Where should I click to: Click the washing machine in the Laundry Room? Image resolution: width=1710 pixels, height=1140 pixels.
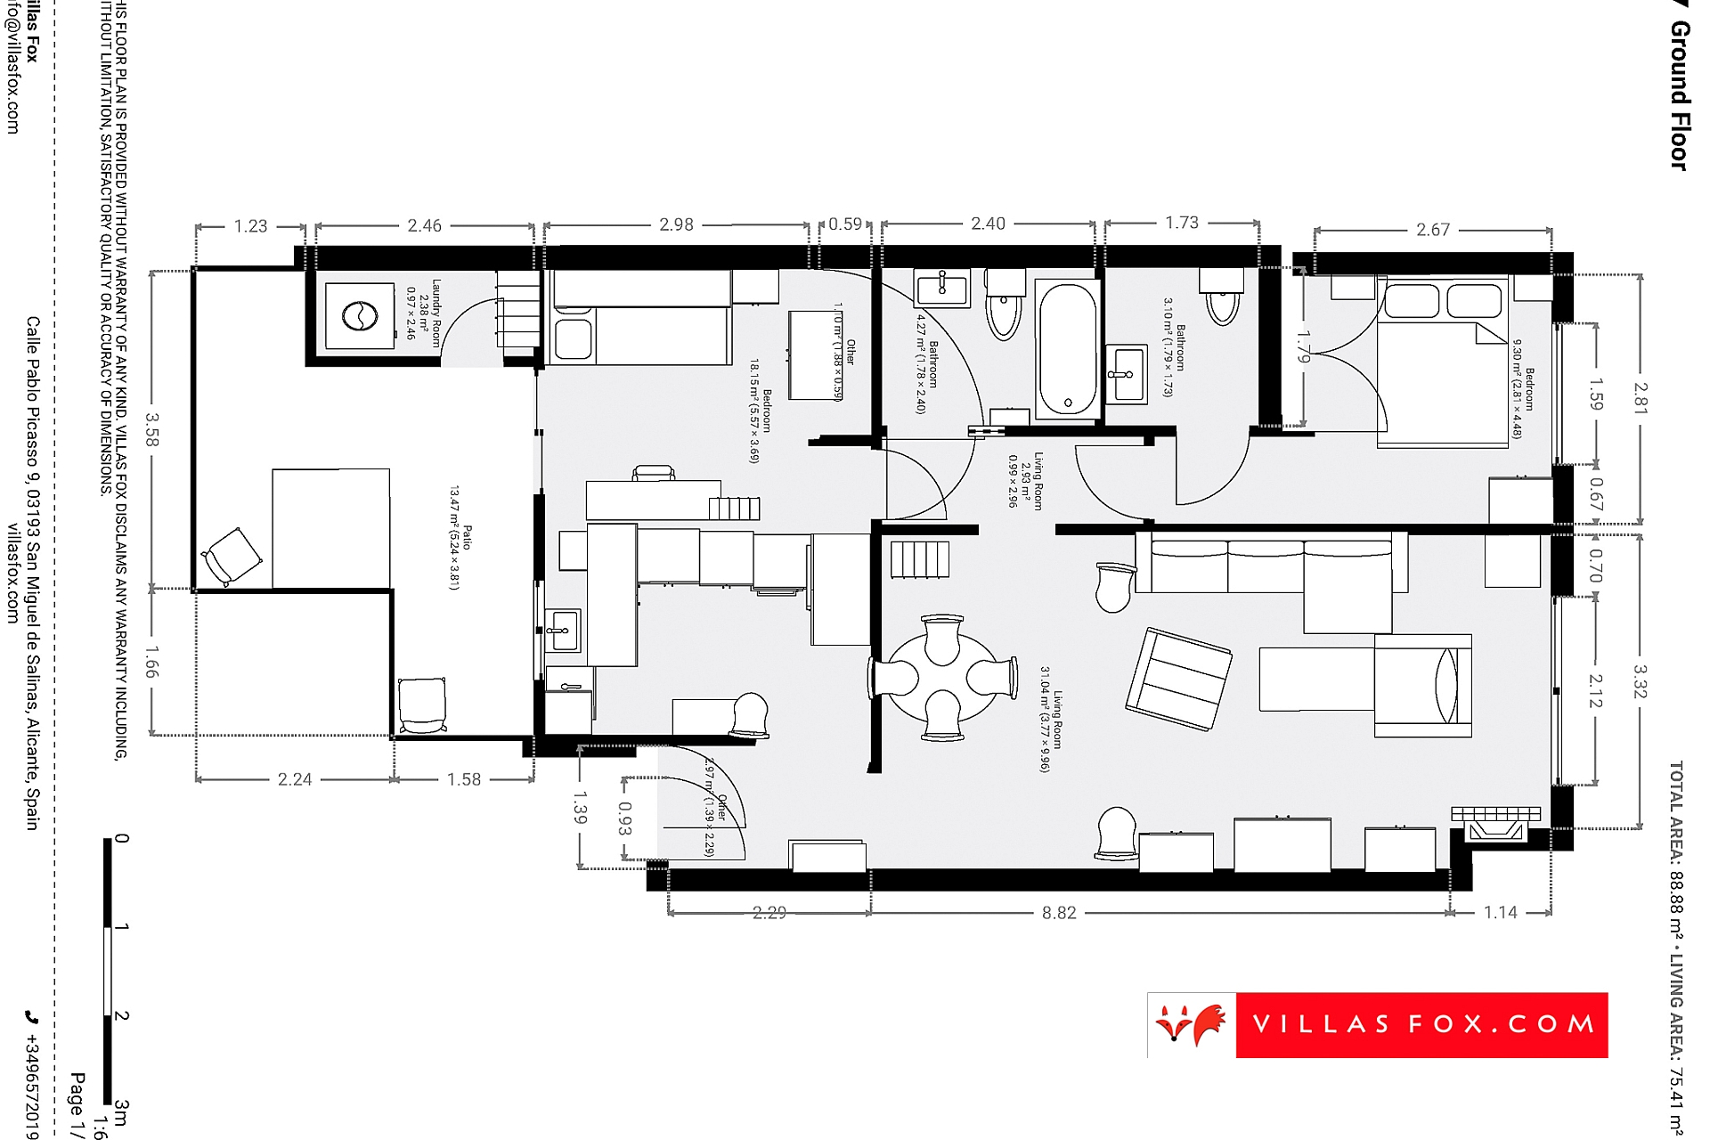(360, 315)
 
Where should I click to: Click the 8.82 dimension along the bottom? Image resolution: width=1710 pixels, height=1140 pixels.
(1059, 913)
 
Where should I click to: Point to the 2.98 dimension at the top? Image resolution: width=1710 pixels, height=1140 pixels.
(676, 224)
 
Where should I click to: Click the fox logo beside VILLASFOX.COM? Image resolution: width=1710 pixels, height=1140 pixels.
(1190, 1025)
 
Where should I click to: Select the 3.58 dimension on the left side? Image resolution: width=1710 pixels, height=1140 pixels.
(152, 429)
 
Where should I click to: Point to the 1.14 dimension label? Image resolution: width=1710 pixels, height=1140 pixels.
(1500, 913)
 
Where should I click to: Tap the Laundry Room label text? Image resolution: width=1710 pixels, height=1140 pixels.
(436, 313)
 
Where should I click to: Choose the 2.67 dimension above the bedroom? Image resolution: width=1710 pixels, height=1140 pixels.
(1432, 230)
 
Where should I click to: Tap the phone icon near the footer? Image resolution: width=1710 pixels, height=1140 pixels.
(32, 1016)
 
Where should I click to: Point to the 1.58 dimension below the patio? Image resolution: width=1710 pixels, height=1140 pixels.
(463, 779)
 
